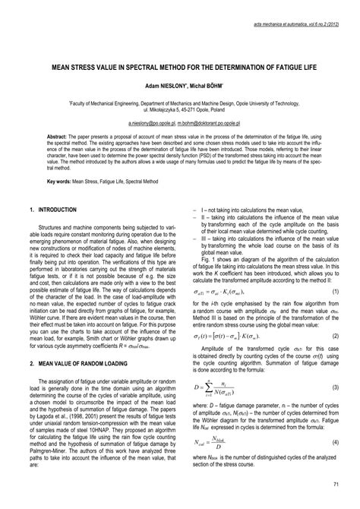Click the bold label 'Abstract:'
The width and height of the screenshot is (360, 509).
[x=60, y=134]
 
